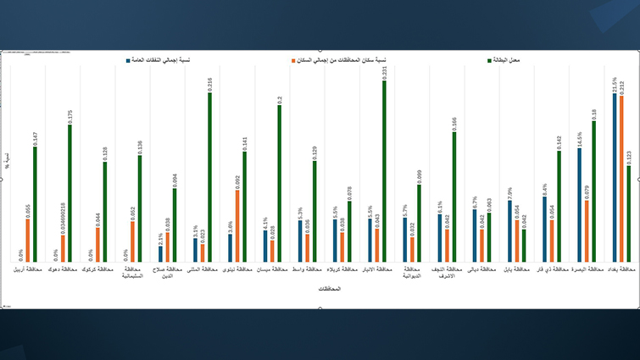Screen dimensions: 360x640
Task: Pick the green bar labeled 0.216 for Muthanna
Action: pos(209,177)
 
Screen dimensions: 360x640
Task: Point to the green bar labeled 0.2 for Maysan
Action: pos(279,183)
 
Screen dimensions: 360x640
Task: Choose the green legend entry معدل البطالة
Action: pos(504,61)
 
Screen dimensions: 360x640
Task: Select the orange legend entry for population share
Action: pos(339,61)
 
